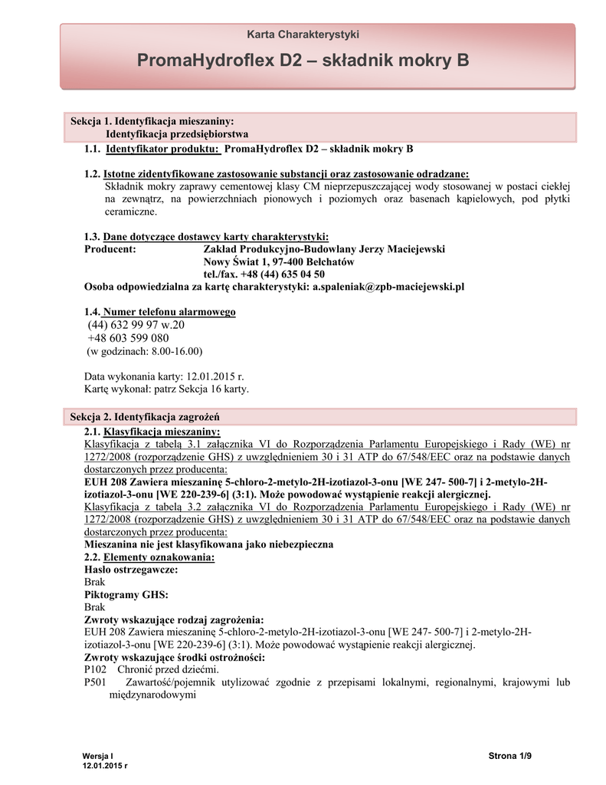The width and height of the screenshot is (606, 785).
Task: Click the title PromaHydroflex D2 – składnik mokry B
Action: point(303,61)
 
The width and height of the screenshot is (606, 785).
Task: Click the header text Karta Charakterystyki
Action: point(303,34)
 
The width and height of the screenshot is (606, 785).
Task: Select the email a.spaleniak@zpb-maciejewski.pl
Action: point(388,287)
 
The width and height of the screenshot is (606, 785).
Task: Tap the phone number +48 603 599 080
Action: point(128,338)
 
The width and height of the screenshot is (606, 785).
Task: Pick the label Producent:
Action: point(110,249)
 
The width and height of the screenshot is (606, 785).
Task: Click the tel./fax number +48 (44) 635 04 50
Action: point(264,274)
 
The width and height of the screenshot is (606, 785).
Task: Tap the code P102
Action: point(95,669)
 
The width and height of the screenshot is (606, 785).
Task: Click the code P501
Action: point(95,682)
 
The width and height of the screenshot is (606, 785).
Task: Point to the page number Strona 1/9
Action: point(509,757)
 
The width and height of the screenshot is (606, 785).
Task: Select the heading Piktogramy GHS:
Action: point(126,595)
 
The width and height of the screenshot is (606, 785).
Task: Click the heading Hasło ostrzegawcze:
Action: point(131,570)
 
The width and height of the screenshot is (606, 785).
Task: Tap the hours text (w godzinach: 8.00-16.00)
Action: point(143,351)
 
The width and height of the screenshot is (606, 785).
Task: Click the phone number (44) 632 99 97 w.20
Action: point(136,325)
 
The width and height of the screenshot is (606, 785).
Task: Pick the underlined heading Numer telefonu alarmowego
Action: point(169,312)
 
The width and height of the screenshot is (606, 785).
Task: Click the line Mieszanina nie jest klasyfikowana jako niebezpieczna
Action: point(208,544)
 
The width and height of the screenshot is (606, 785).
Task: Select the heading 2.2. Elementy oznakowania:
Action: point(149,557)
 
